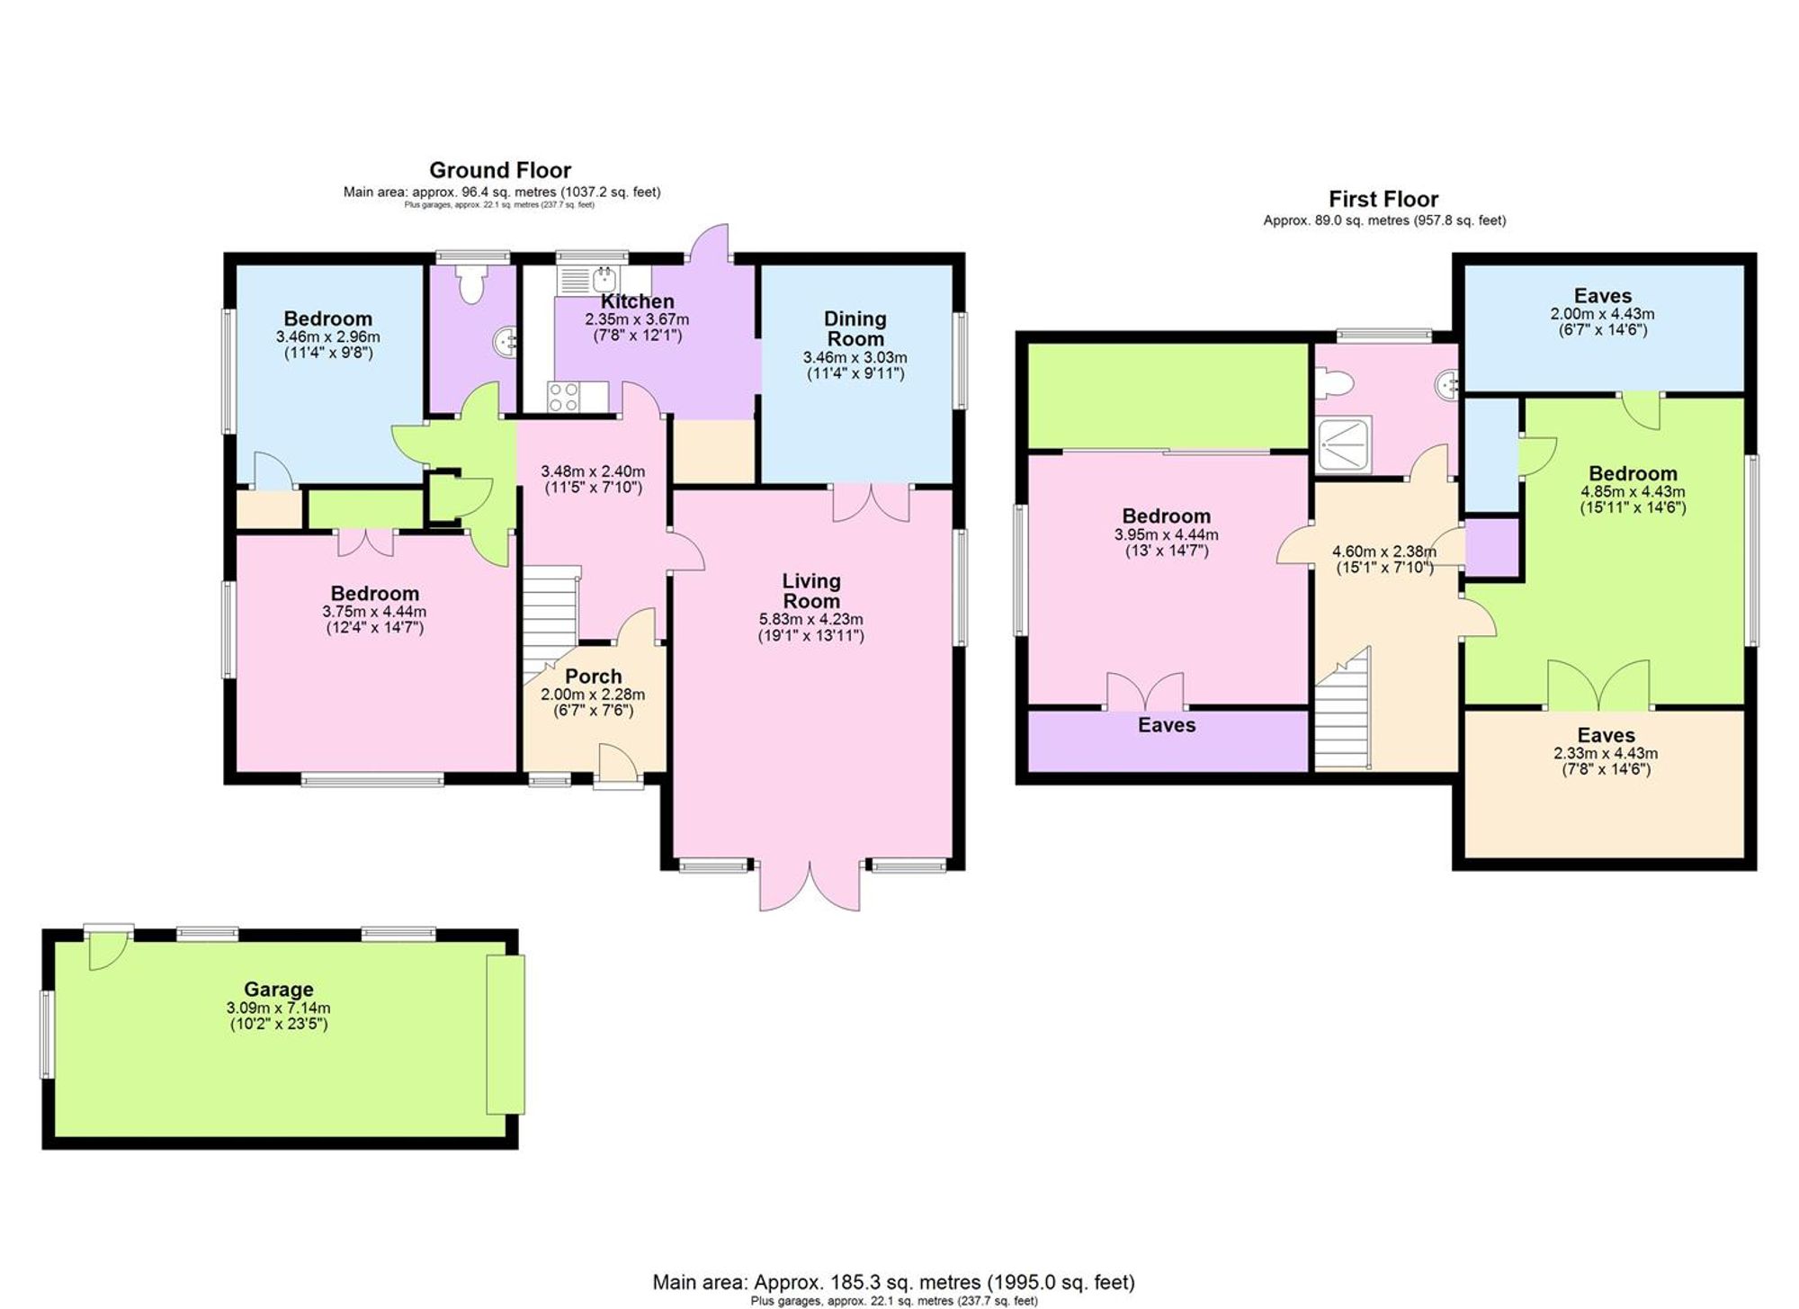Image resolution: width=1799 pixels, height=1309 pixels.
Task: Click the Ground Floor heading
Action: coord(500,170)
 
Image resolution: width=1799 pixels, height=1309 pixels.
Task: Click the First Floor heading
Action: coord(1383,199)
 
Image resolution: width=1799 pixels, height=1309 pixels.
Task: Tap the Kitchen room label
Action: coord(637,302)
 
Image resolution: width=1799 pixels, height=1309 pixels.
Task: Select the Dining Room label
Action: coord(855,328)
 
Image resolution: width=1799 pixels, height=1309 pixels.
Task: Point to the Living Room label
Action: coord(810,591)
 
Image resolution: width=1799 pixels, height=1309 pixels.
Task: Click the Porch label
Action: coord(593,677)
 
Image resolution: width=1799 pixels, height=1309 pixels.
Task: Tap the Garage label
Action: coord(279,991)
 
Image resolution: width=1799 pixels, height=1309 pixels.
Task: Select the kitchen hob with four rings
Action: coord(565,397)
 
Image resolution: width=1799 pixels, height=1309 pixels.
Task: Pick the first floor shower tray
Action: coord(1344,444)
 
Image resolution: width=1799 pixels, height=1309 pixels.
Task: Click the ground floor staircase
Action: coord(550,621)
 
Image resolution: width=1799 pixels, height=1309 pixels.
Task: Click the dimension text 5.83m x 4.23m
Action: coord(810,620)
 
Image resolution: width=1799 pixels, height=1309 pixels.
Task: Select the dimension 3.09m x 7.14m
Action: coord(279,1009)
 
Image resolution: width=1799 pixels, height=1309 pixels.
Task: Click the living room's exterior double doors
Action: coord(810,887)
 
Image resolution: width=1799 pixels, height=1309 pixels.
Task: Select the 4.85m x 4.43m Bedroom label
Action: coord(1633,474)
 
